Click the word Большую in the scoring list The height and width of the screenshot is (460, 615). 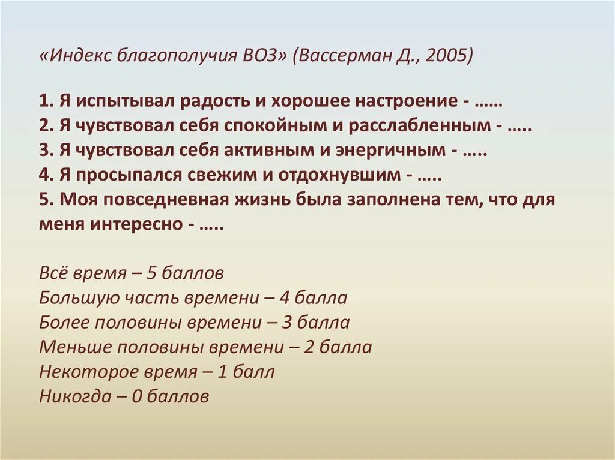click(x=74, y=298)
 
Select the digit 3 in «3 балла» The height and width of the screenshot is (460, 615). click(x=286, y=323)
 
